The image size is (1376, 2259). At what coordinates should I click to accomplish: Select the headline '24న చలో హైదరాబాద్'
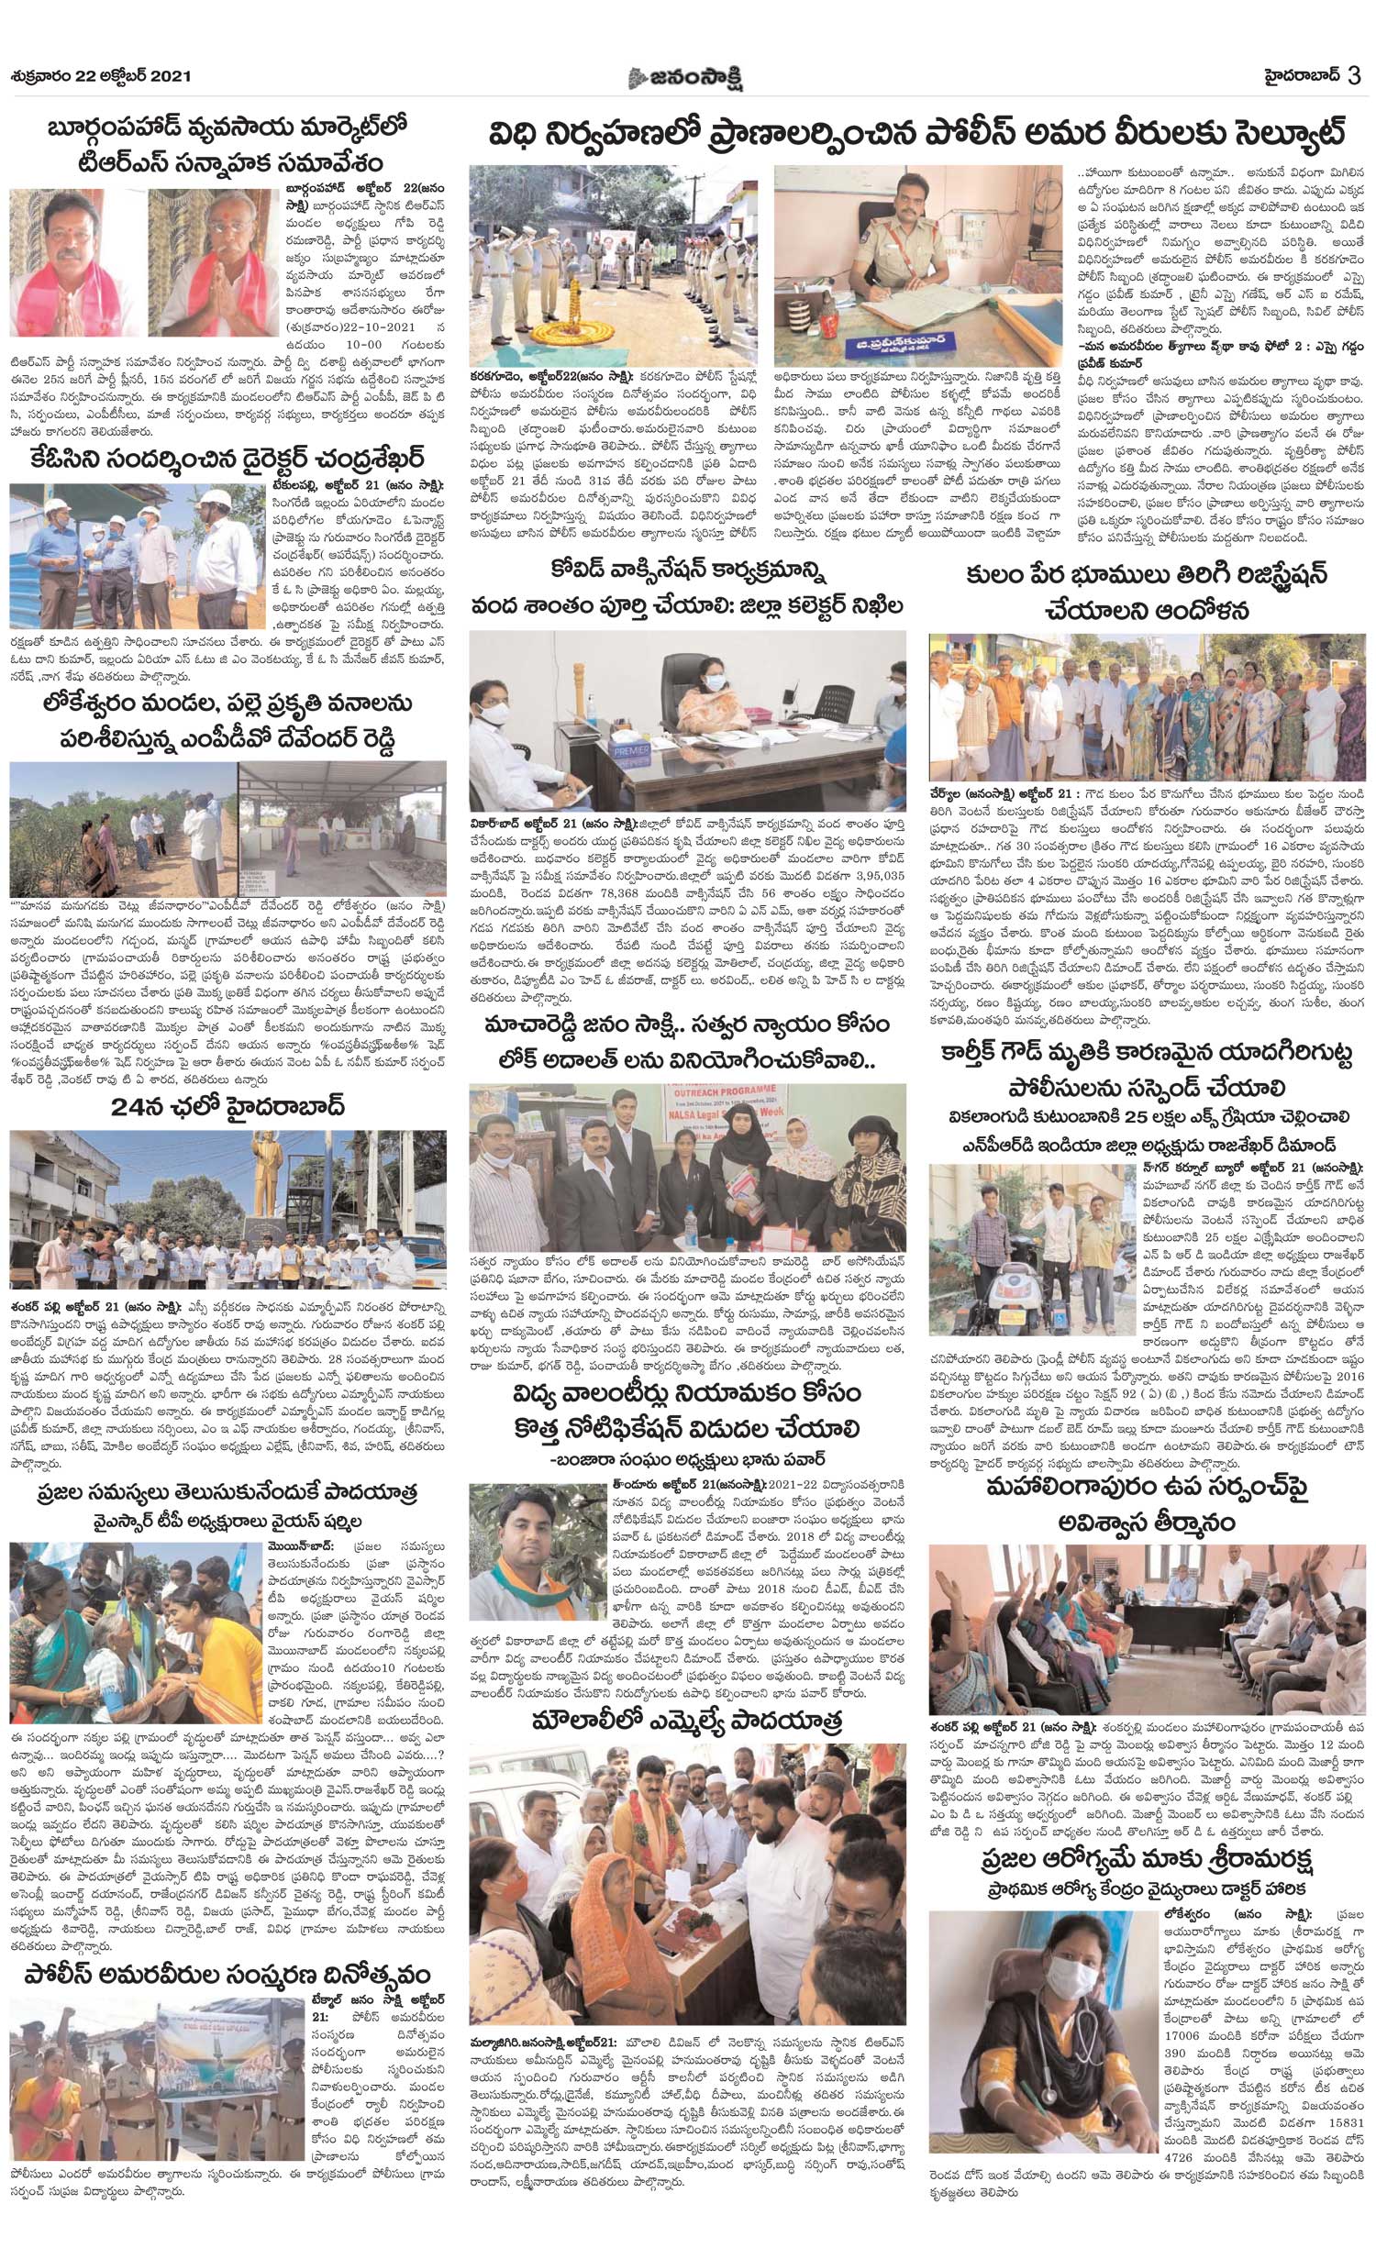[x=227, y=1106]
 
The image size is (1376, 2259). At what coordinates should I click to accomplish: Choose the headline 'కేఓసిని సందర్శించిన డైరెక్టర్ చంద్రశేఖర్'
[x=227, y=457]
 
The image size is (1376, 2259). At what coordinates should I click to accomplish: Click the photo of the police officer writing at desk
[x=917, y=266]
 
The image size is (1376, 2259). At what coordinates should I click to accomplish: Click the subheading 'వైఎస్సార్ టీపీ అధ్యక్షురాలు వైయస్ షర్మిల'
[x=227, y=1520]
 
